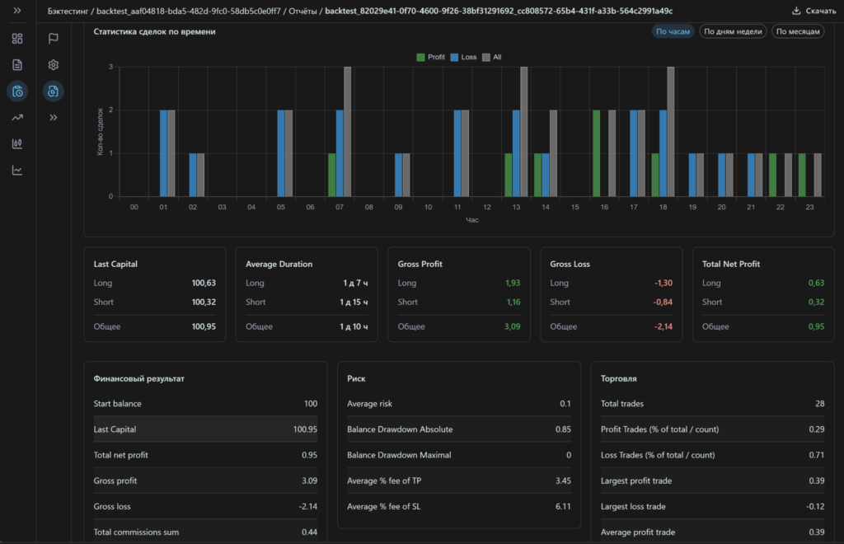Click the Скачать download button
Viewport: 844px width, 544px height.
[814, 11]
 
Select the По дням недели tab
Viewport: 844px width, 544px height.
[733, 32]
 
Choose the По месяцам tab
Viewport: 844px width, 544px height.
[798, 32]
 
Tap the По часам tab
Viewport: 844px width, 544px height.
[673, 32]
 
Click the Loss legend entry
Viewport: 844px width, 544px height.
[463, 57]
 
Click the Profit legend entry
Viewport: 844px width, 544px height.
[430, 57]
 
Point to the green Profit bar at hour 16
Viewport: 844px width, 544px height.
[597, 153]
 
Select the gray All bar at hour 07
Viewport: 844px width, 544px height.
[347, 132]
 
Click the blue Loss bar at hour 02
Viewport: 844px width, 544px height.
[193, 175]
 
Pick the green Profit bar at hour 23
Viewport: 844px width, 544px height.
[802, 175]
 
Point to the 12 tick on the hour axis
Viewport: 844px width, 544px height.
[486, 207]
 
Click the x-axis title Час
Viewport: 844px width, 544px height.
[472, 219]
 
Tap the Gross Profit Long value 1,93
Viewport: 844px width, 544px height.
[513, 283]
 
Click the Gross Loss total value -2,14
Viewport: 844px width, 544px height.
[663, 326]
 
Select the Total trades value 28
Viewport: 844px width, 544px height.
[819, 404]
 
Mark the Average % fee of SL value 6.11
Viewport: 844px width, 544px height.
[563, 506]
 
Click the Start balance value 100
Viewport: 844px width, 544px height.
[311, 404]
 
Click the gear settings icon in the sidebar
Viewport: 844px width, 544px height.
[54, 65]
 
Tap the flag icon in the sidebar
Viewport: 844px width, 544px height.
[54, 38]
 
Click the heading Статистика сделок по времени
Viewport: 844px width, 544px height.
[154, 32]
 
